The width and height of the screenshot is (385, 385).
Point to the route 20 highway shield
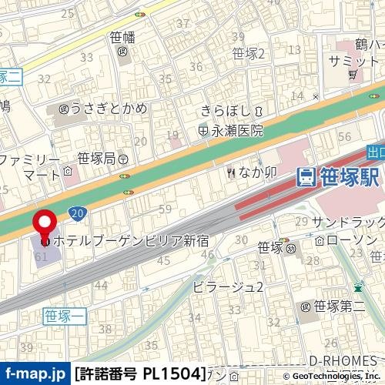[x=76, y=213]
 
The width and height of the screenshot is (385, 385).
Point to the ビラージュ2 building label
[x=229, y=287]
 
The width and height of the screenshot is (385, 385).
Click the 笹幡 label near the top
[x=122, y=35]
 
